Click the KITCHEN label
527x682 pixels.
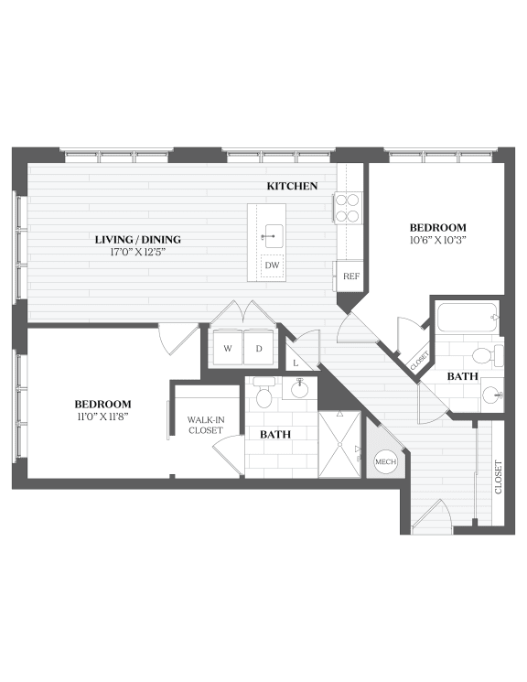click(292, 186)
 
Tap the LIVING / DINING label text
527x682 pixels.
click(135, 240)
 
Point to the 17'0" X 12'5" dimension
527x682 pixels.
click(135, 252)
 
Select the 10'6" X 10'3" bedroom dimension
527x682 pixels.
click(437, 240)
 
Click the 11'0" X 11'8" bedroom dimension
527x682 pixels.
click(102, 416)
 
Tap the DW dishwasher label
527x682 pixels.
click(272, 265)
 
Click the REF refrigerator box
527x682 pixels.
click(350, 276)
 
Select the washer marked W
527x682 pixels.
click(227, 348)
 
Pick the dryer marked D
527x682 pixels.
click(258, 348)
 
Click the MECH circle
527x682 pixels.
click(385, 462)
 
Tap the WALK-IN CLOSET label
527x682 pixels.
click(205, 425)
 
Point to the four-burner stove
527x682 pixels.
click(349, 209)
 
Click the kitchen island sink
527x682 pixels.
click(272, 234)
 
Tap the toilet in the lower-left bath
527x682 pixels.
click(263, 395)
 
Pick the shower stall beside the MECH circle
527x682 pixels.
click(339, 445)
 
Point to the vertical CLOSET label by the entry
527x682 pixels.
click(499, 477)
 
